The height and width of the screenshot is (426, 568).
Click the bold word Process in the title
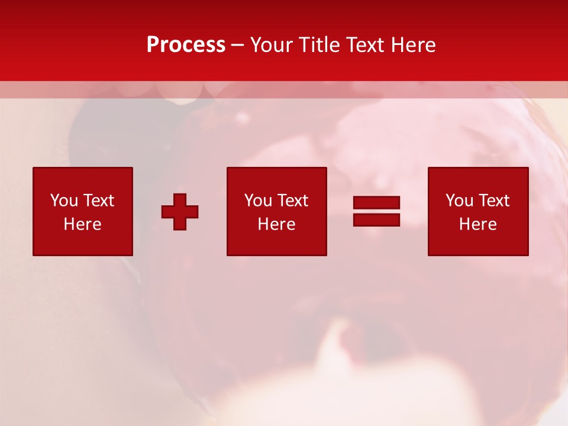(x=186, y=45)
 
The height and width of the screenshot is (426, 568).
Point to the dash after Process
(x=238, y=46)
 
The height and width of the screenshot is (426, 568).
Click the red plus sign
(x=180, y=212)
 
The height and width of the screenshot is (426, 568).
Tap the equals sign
(x=376, y=211)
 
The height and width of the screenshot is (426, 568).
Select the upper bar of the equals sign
(x=376, y=203)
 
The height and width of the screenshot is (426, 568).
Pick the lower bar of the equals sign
(x=376, y=220)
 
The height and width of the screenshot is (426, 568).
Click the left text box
(x=83, y=211)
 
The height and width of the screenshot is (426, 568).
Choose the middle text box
(x=276, y=211)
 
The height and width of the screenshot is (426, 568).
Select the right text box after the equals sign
(x=478, y=211)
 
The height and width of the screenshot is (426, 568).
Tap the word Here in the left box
(x=83, y=224)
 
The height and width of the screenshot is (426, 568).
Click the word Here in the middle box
(x=276, y=224)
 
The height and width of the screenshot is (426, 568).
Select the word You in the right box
(x=459, y=201)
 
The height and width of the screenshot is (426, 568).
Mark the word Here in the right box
(x=478, y=224)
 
